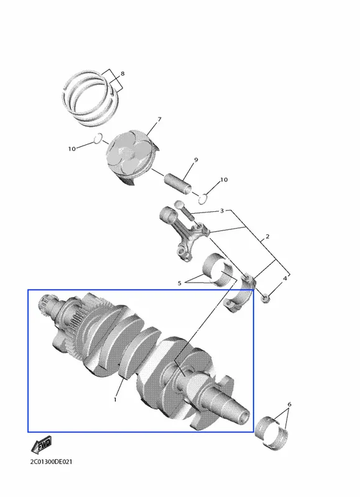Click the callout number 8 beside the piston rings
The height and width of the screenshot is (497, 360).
click(x=122, y=74)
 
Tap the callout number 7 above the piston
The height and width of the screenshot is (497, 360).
click(x=160, y=119)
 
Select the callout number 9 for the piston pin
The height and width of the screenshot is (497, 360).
click(x=196, y=160)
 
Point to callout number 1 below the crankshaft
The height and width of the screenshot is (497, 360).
click(x=115, y=399)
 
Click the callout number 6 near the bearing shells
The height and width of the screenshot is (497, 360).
click(x=289, y=404)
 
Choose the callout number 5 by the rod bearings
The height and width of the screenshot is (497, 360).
click(x=180, y=283)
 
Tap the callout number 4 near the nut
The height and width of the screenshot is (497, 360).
click(x=285, y=278)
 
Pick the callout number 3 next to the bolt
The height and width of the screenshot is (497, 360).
click(x=222, y=211)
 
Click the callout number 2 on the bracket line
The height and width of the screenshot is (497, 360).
click(x=267, y=237)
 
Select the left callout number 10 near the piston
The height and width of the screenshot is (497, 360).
click(x=72, y=148)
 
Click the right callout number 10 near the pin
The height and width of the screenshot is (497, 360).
click(x=224, y=180)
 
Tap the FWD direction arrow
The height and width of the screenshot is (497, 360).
click(x=41, y=445)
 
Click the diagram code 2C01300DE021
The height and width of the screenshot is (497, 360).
click(x=51, y=462)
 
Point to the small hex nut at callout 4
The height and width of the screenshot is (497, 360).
click(x=265, y=298)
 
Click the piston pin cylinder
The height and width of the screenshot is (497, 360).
click(x=178, y=183)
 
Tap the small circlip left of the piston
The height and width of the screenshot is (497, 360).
click(x=98, y=138)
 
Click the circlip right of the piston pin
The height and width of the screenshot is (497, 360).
click(x=203, y=199)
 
